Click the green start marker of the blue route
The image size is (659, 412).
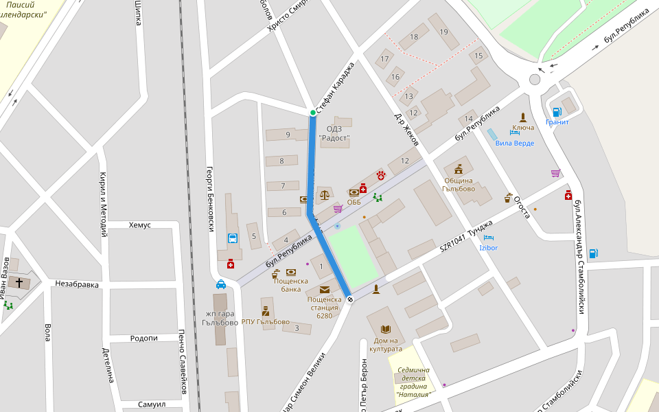click(312, 113)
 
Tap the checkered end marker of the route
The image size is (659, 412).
click(350, 299)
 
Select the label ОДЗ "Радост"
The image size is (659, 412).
click(334, 133)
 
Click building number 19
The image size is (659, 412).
click(443, 32)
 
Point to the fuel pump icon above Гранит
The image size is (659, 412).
click(557, 112)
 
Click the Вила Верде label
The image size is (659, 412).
click(514, 144)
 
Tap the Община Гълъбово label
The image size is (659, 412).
click(459, 185)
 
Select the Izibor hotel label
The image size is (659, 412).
click(488, 247)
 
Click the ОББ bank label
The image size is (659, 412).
click(354, 202)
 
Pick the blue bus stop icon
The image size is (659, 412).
click(233, 239)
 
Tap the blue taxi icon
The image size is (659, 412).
click(221, 284)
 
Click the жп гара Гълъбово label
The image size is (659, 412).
click(220, 319)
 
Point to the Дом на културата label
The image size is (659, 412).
click(386, 345)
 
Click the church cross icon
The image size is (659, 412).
click(19, 283)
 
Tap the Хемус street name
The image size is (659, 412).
click(139, 225)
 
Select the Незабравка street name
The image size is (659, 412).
click(77, 284)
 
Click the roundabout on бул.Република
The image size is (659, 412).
click(535, 80)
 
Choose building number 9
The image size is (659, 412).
click(288, 135)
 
